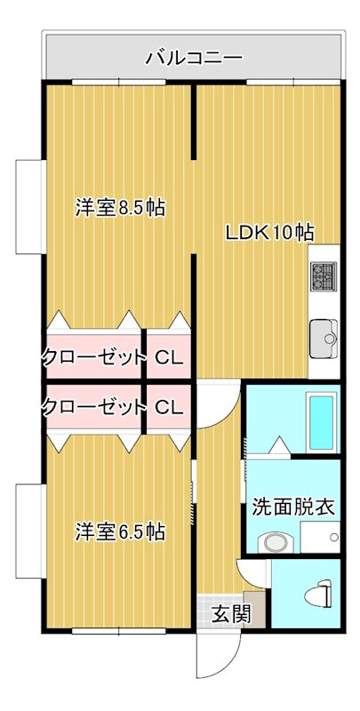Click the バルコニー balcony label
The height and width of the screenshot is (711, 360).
pos(194,59)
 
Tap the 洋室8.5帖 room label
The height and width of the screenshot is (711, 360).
pos(120,208)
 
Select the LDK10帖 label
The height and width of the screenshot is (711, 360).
pos(268,233)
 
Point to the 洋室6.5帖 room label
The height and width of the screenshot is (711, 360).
pos(120,532)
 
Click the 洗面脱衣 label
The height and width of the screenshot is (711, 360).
pos(293,507)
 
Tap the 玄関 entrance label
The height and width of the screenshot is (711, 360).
pos(224,614)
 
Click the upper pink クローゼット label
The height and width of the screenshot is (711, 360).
pos(93,358)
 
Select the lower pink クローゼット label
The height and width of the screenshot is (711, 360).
pos(93,408)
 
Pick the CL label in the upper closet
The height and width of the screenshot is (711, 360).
pos(169,358)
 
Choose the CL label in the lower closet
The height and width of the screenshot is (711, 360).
pos(169,408)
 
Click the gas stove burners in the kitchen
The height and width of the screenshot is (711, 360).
pos(323,277)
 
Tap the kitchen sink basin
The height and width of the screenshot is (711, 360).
pos(324,336)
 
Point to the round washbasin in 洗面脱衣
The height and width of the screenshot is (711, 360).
pos(272,541)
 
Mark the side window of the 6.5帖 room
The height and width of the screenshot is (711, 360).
pos(28,530)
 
